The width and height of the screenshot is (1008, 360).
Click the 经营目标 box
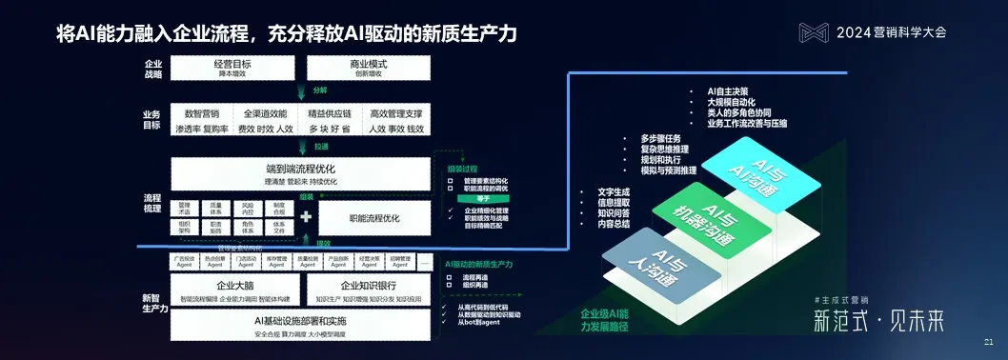tap(232, 68)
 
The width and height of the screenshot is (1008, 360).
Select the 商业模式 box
tap(368, 68)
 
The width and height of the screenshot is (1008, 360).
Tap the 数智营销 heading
tap(202, 113)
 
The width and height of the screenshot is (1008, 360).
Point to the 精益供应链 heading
tap(329, 113)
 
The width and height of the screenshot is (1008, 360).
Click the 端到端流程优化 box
tap(300, 173)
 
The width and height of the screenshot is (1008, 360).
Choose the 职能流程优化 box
tap(374, 217)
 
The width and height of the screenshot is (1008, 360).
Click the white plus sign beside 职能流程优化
tap(306, 217)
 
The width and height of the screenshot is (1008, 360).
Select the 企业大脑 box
tap(233, 289)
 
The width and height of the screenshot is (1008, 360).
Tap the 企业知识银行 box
tap(368, 289)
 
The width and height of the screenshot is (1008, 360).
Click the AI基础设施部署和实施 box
tap(299, 325)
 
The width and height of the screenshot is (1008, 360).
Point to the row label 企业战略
tap(152, 68)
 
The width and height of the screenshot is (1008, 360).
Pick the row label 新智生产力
tap(155, 303)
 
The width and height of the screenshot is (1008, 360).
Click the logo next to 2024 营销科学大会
tap(814, 31)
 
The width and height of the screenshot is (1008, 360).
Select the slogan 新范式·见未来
tap(872, 321)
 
